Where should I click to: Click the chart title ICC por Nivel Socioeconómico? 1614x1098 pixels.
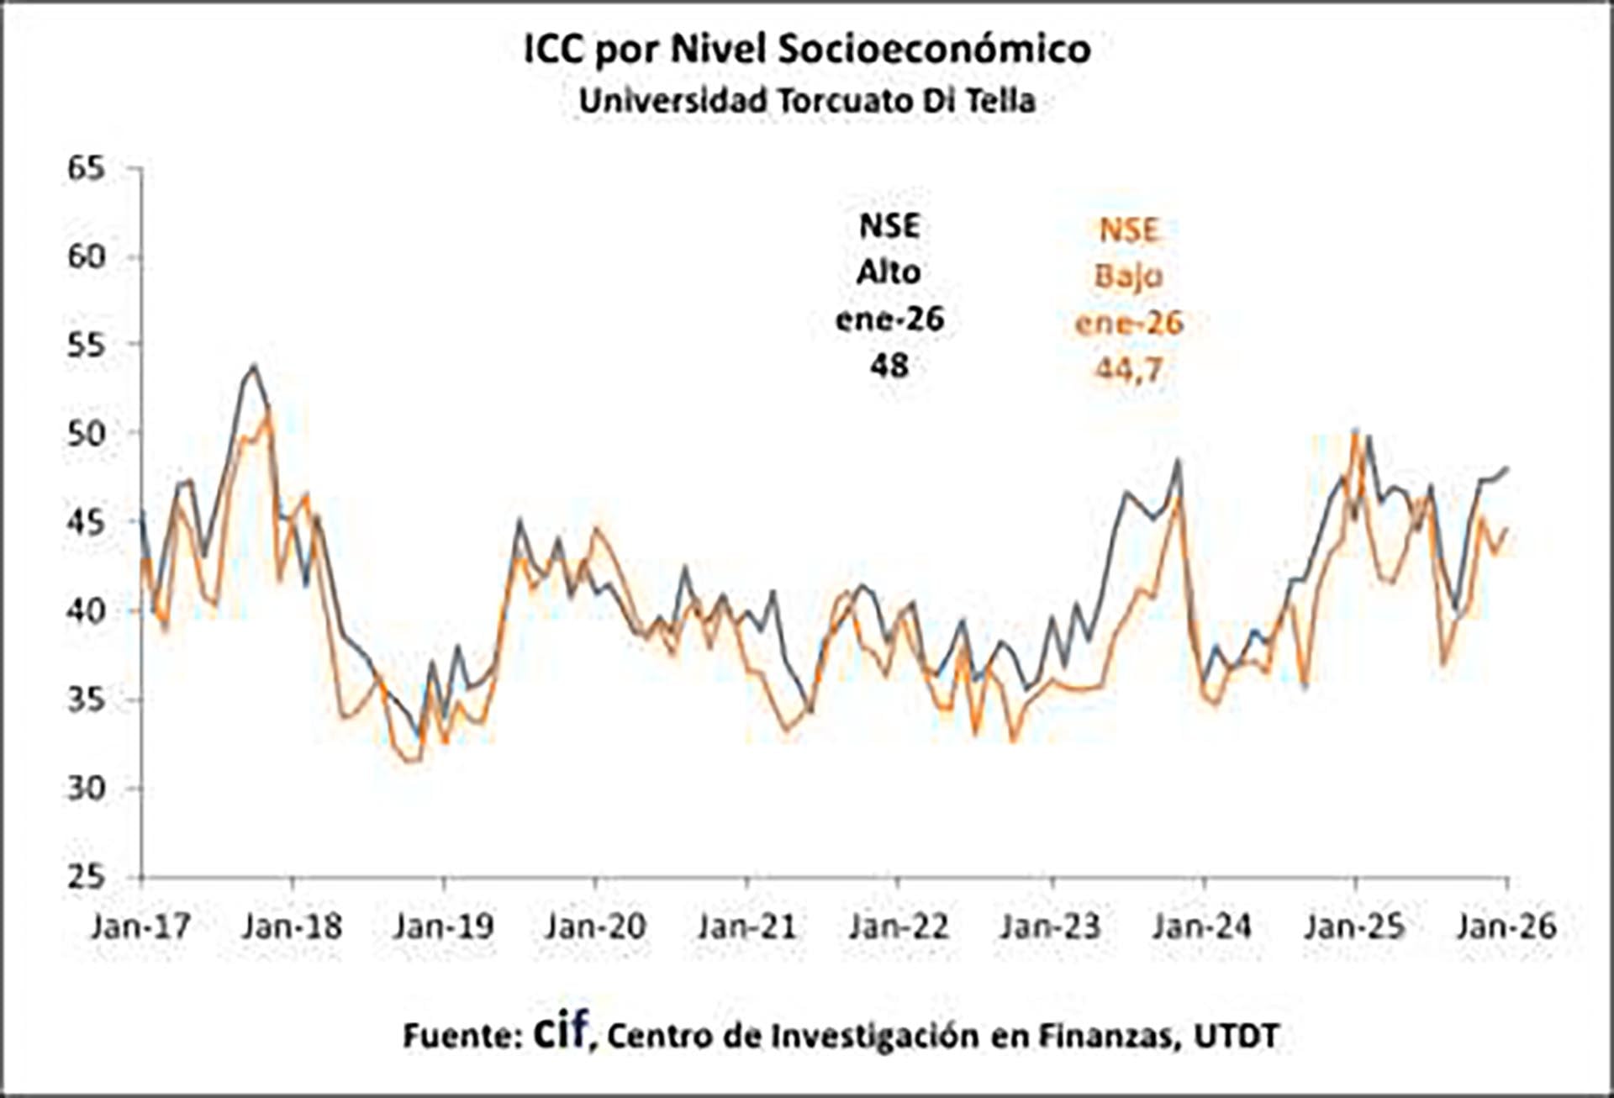(807, 49)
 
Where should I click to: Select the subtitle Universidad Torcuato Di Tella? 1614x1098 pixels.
(807, 101)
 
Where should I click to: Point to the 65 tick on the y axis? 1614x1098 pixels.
(87, 168)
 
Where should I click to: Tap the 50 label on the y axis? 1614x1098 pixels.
(87, 434)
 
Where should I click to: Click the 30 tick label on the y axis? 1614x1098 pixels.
(87, 789)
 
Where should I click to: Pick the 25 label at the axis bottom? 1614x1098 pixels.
(87, 877)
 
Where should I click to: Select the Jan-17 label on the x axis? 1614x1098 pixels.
(141, 926)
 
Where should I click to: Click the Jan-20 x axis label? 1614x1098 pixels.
(595, 926)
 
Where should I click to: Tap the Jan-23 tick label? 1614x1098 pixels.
(1051, 926)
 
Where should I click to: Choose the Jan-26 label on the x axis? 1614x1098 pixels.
(1506, 926)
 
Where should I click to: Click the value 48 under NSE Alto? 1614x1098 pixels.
(889, 365)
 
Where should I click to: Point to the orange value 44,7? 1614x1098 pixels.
(1129, 368)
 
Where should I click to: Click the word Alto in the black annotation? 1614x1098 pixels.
(889, 272)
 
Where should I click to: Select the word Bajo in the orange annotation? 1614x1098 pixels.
(1129, 276)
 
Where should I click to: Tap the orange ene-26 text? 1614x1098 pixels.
(1129, 322)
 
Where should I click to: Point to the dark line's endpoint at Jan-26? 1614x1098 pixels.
(1507, 468)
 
